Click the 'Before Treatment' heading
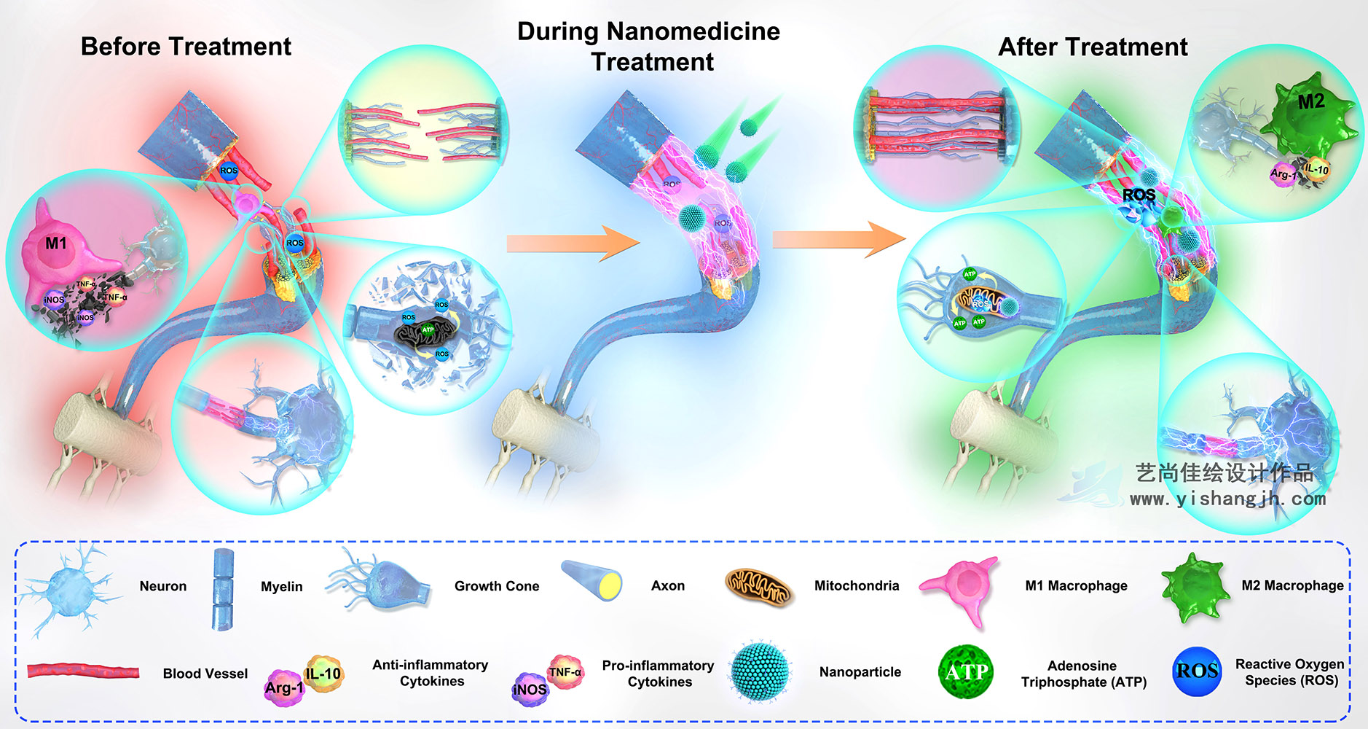[x=186, y=47]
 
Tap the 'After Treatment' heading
[x=1092, y=47]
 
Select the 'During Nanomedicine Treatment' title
[x=648, y=47]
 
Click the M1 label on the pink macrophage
[x=56, y=243]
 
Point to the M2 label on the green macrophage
[x=1311, y=101]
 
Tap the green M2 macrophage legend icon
[x=1194, y=585]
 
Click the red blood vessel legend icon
[x=83, y=671]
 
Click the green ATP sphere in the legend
[x=966, y=671]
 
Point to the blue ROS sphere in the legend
[x=1197, y=671]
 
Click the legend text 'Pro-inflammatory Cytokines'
[x=659, y=674]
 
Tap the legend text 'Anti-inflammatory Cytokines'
[x=431, y=673]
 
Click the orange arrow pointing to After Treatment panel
[x=838, y=238]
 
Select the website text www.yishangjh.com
[x=1227, y=499]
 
